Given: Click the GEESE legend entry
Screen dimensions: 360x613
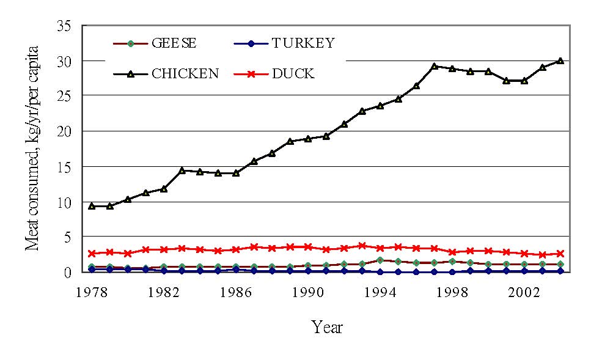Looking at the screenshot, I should coord(174,43).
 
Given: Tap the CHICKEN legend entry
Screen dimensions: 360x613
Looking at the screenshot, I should coord(185,73).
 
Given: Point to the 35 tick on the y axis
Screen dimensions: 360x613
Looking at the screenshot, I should coord(64,26).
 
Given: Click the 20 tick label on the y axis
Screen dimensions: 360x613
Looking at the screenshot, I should coord(64,131).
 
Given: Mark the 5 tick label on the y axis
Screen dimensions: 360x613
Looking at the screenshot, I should coord(68,237).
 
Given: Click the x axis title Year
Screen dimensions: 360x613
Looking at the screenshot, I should coord(327,327).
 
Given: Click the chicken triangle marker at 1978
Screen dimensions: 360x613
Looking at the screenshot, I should coord(92,206).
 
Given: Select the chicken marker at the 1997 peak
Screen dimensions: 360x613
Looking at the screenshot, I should coord(434,66).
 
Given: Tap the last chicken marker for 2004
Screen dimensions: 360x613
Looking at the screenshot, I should coord(560,61).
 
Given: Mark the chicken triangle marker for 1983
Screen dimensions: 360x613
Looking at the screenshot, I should coord(182,170).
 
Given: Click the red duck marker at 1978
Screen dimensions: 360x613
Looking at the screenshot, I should coord(92,253).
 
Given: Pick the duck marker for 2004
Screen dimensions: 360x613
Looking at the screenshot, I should coord(560,253).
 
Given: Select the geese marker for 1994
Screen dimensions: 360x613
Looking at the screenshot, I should coord(380,260).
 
